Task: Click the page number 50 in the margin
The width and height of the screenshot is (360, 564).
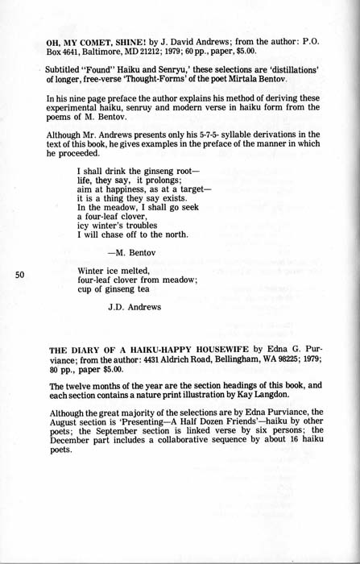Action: pos(21,275)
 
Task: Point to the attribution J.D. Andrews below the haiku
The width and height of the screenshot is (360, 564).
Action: pos(134,306)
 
